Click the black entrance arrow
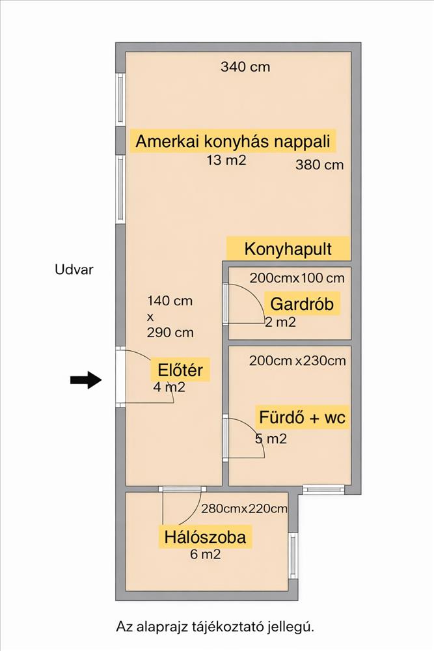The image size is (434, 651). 86,381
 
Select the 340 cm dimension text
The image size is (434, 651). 245,66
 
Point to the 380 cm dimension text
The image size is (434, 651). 319,165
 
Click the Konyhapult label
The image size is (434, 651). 288,249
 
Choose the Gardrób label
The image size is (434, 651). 301,303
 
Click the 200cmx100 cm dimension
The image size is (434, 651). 297,278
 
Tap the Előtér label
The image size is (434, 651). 180,372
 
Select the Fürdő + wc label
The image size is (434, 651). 301,417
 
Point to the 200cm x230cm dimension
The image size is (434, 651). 297,361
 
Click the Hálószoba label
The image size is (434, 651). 205,538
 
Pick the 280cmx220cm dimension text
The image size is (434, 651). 244,509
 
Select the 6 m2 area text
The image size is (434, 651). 204,555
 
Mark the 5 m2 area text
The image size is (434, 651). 271,439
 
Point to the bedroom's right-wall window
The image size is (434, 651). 293,555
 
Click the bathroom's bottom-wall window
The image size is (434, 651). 323,489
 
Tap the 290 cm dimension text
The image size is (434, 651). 170,333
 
